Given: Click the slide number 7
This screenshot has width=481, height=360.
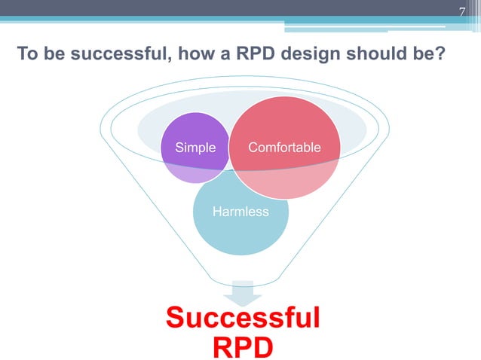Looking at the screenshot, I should [464, 11].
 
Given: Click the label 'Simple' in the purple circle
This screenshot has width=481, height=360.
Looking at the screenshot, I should [195, 148].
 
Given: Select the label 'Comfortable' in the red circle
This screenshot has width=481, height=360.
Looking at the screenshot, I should [284, 148].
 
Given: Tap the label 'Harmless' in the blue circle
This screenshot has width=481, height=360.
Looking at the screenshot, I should [240, 212].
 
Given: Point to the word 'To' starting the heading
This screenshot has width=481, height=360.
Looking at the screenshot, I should [26, 55].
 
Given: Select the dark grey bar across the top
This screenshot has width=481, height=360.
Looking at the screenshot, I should [226, 8].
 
